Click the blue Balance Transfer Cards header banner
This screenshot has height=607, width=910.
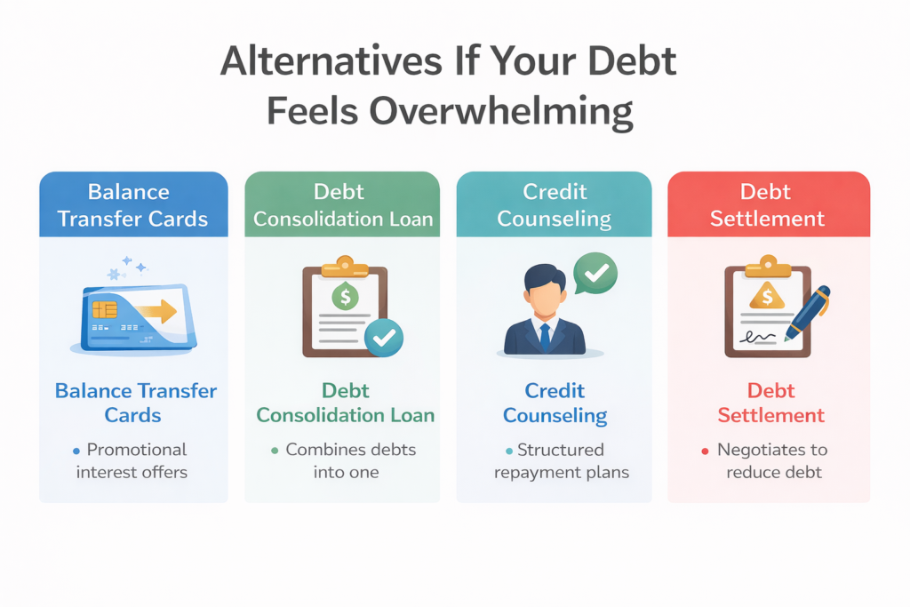[x=132, y=204]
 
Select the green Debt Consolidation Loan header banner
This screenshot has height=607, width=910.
[x=342, y=204]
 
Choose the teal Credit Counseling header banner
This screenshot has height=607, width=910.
[x=554, y=204]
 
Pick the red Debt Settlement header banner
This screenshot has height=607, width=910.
[x=768, y=204]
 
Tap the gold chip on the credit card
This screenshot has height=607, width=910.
[x=103, y=310]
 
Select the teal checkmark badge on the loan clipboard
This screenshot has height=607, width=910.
[x=385, y=338]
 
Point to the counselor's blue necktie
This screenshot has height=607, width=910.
[x=545, y=338]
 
